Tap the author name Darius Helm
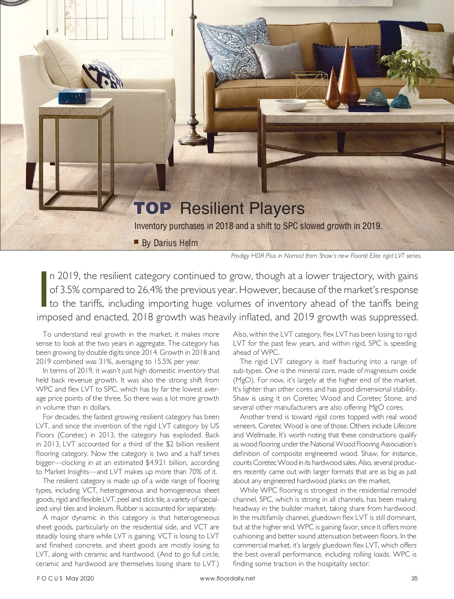point(169,243)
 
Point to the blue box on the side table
point(74,97)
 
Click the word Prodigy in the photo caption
point(240,256)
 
